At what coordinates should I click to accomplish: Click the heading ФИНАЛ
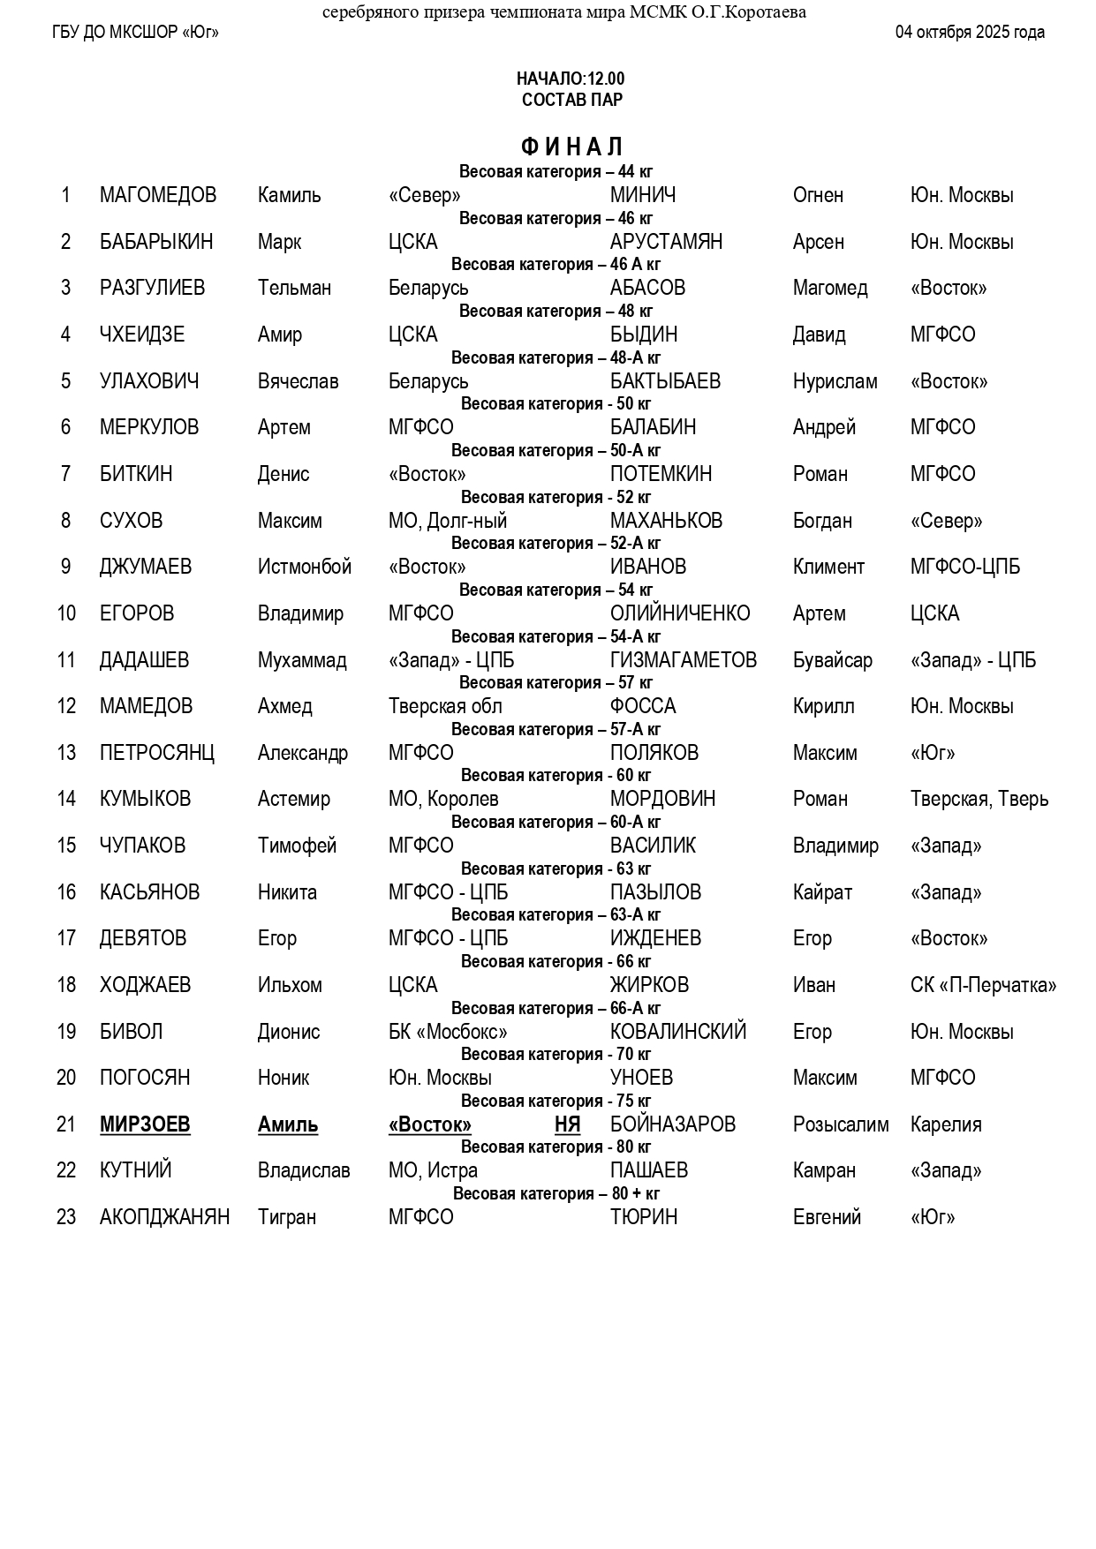[571, 147]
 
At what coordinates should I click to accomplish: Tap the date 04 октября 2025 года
[970, 33]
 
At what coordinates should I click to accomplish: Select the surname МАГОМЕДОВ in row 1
[158, 195]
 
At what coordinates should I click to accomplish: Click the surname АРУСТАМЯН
[666, 242]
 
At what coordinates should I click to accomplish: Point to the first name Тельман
[294, 288]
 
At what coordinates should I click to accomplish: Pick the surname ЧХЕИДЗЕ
[142, 335]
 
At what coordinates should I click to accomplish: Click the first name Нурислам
[835, 381]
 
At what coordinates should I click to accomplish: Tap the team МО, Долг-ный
[448, 521]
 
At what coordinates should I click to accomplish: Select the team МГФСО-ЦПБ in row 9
[964, 567]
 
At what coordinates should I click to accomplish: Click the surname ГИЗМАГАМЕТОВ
[683, 660]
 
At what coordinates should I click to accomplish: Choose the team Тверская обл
[445, 706]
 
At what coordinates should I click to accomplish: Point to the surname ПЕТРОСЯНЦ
[157, 753]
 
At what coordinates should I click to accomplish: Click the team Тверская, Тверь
[979, 799]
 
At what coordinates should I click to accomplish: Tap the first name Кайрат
[822, 892]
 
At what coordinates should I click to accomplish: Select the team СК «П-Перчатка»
[983, 985]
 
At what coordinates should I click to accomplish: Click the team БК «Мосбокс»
[448, 1032]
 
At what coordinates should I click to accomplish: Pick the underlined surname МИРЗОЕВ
[145, 1124]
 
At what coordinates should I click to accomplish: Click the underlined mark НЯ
[567, 1124]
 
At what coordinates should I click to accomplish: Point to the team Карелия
[946, 1124]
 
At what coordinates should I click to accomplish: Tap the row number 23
[66, 1217]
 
